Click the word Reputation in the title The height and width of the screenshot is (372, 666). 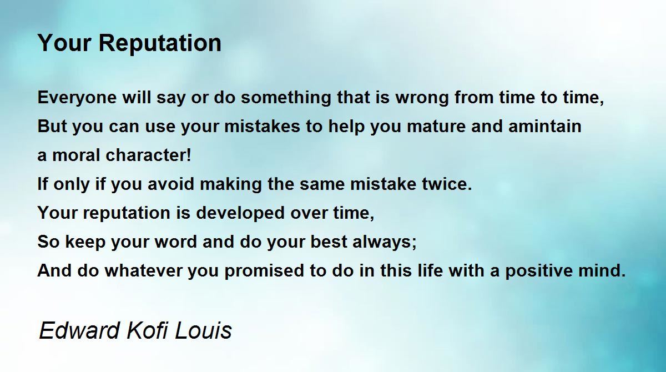coord(160,44)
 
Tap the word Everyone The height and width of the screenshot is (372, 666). coord(77,98)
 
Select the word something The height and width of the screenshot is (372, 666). coord(286,98)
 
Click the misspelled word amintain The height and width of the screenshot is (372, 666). coord(544,126)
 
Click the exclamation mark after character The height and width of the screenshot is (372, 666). coord(188,155)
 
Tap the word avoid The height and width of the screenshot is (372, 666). coord(171,184)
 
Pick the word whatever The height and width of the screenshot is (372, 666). coord(143,271)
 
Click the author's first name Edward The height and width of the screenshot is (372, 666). coord(79,330)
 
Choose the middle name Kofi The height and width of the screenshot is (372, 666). coord(148,330)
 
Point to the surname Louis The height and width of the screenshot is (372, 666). coord(203,330)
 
